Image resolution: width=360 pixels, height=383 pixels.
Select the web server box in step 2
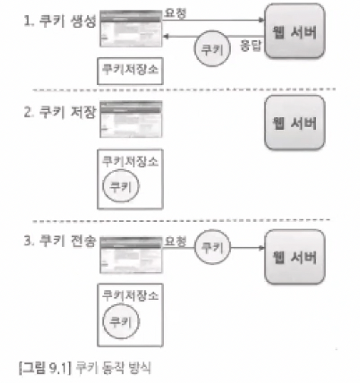tap(295, 123)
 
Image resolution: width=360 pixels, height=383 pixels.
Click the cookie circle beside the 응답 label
tap(212, 49)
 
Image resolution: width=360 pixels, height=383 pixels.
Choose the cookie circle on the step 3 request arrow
tap(212, 247)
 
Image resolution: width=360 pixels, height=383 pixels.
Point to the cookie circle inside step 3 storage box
tap(120, 321)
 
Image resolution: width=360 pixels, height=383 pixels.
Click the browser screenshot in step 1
tap(131, 28)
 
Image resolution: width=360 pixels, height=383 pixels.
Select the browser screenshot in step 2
tap(131, 118)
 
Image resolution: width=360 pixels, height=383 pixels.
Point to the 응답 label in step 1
tap(250, 46)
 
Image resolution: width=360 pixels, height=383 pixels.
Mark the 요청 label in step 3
tap(174, 241)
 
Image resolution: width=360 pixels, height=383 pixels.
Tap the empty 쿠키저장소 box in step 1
tap(131, 71)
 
